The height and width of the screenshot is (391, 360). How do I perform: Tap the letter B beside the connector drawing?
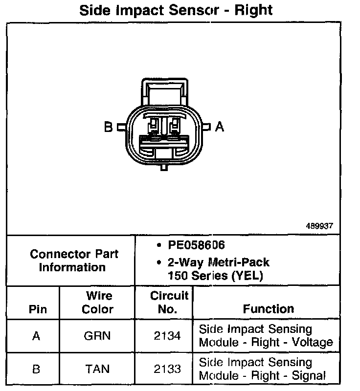[x=109, y=128]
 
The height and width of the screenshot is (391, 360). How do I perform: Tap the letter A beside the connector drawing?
[x=220, y=127]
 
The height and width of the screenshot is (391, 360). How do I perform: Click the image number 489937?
[x=319, y=226]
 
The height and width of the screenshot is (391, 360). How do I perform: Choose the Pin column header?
[x=38, y=309]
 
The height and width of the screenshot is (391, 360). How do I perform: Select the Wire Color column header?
[x=98, y=303]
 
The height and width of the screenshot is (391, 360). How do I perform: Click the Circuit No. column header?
[x=169, y=302]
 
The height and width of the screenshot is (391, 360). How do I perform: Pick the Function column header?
[x=268, y=309]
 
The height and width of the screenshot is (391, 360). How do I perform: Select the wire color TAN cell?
[x=97, y=369]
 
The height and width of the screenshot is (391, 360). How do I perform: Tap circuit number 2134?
[x=168, y=336]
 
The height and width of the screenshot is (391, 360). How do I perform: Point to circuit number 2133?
[x=168, y=369]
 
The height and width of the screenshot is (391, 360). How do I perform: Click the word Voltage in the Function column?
[x=312, y=342]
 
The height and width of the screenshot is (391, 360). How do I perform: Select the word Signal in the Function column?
[x=309, y=375]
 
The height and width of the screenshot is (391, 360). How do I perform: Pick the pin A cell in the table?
[x=36, y=336]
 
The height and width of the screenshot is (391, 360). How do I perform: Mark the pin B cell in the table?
[x=36, y=369]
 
